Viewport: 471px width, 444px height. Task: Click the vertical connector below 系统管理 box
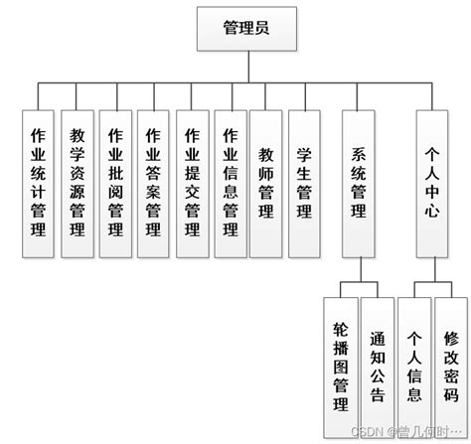tap(360, 269)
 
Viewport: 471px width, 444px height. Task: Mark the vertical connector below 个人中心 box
tap(432, 269)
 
